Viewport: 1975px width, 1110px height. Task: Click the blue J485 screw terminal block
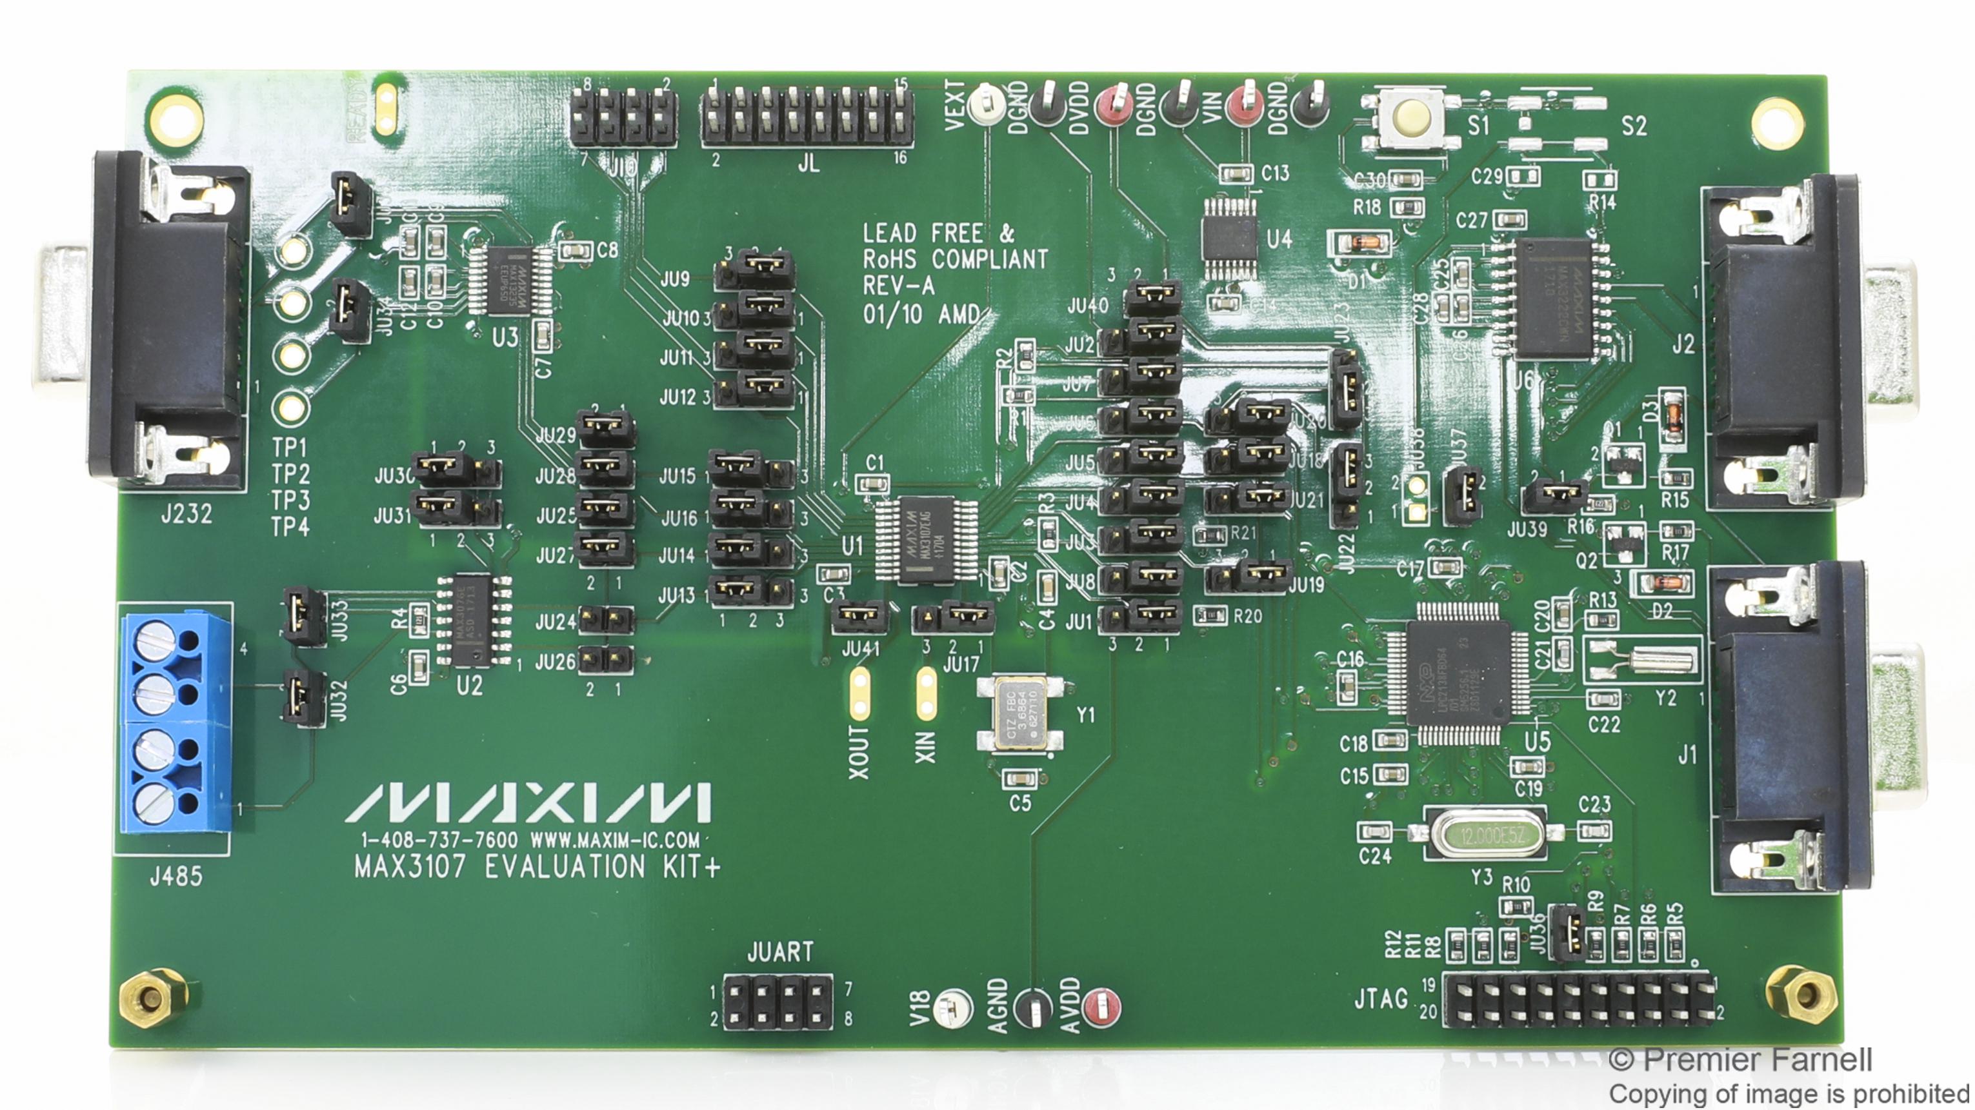pyautogui.click(x=175, y=722)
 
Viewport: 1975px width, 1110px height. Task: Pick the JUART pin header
pyautogui.click(x=777, y=1003)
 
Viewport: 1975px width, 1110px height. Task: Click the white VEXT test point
pyautogui.click(x=986, y=106)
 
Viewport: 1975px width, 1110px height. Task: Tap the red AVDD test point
pyautogui.click(x=1103, y=1007)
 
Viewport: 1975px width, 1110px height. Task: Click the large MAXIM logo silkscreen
pyautogui.click(x=529, y=802)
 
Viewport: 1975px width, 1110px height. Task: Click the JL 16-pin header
pyautogui.click(x=807, y=117)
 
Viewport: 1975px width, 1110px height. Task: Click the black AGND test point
pyautogui.click(x=1032, y=1009)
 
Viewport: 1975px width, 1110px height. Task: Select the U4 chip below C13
pyautogui.click(x=1230, y=239)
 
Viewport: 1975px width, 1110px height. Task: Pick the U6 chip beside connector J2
pyautogui.click(x=1553, y=297)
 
